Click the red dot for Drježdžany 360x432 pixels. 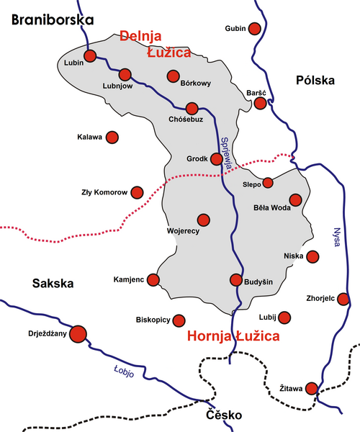click(x=77, y=333)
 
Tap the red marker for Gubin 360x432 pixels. click(x=254, y=29)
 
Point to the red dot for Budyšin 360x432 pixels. click(x=235, y=280)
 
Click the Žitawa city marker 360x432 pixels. click(x=312, y=389)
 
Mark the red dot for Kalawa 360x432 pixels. click(x=112, y=137)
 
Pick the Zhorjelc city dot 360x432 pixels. click(x=343, y=299)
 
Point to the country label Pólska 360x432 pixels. click(x=315, y=81)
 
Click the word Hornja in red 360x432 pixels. click(x=209, y=336)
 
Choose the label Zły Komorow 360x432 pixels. click(x=104, y=193)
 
